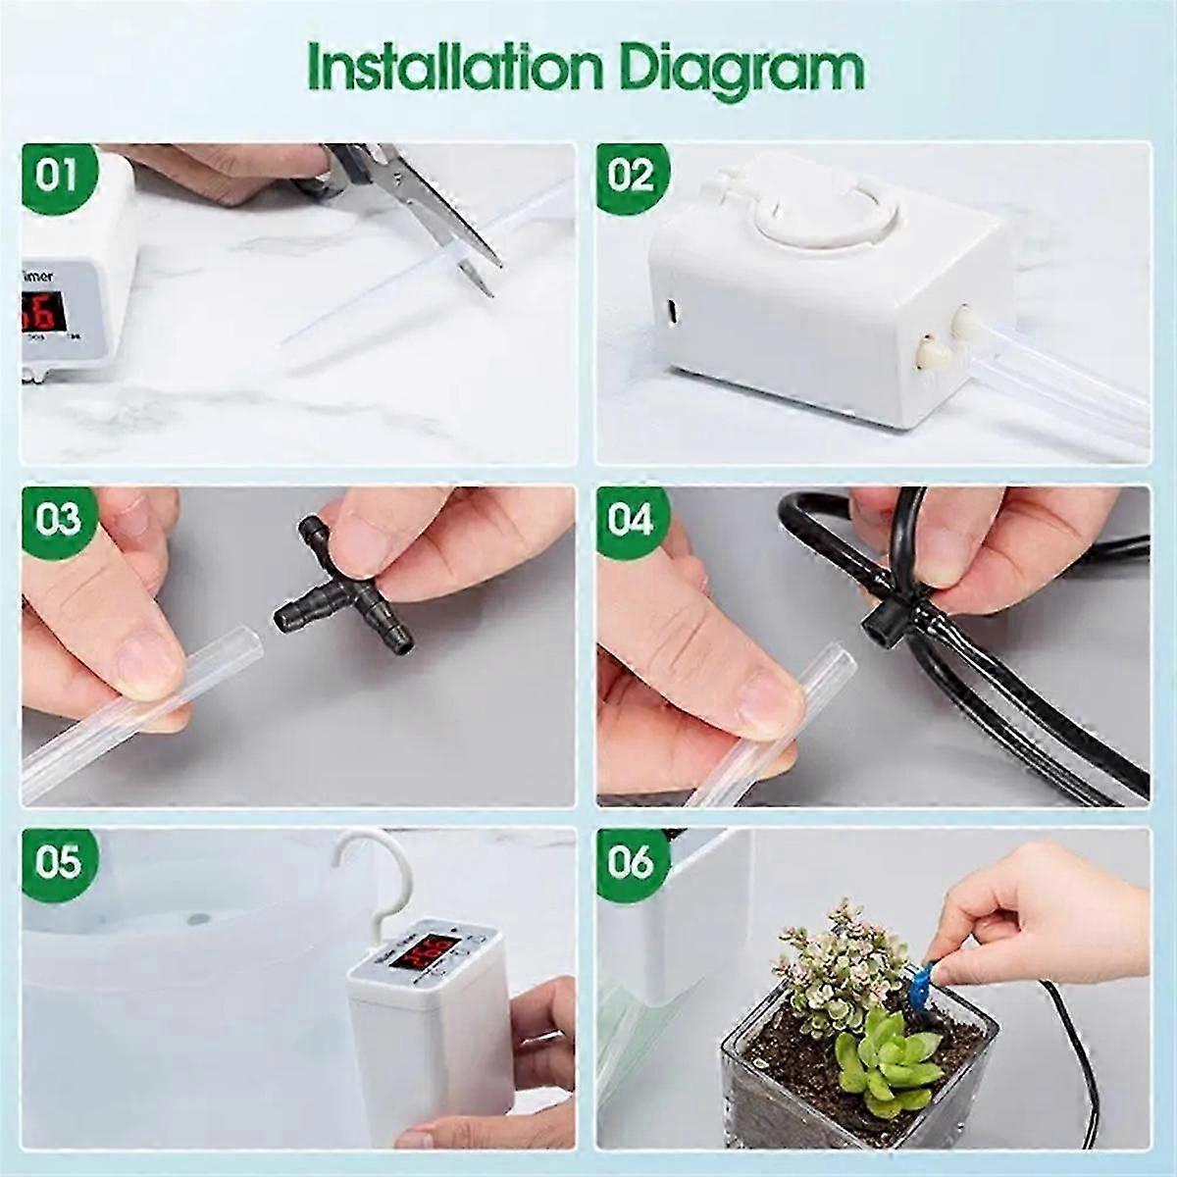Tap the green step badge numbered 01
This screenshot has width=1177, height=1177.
(x=57, y=177)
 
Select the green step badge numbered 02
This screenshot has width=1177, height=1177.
(x=631, y=177)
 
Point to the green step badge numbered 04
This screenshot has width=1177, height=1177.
(x=631, y=518)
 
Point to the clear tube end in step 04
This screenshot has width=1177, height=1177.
(x=819, y=667)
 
